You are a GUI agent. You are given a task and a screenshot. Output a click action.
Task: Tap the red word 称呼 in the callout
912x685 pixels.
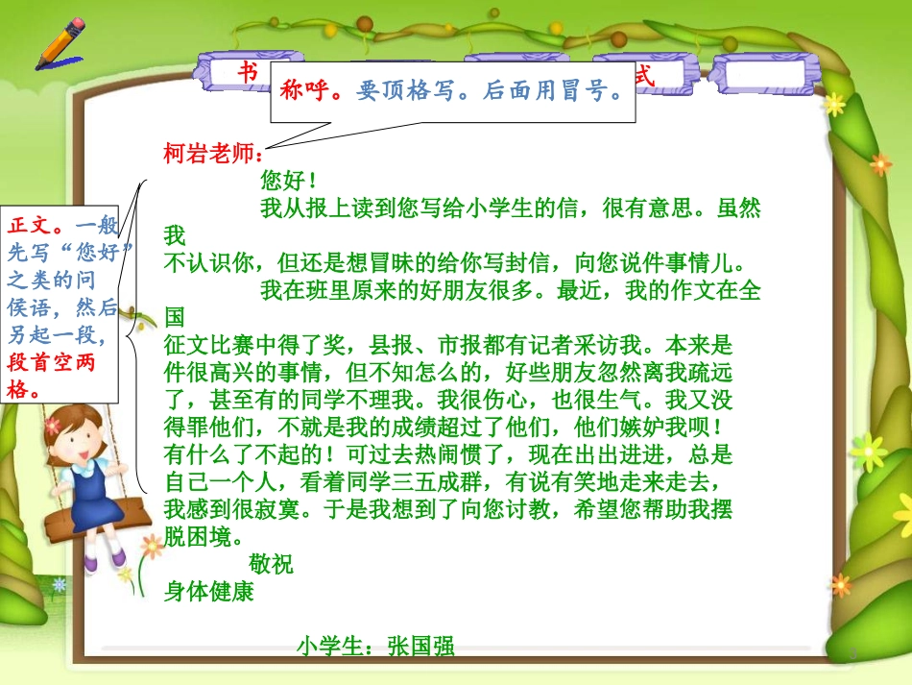click(x=303, y=91)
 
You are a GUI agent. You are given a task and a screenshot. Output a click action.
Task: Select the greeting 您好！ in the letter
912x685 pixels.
click(x=288, y=181)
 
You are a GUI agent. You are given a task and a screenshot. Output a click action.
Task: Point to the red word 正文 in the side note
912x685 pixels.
click(x=29, y=225)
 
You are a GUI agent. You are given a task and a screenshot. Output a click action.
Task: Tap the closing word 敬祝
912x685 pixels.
click(x=271, y=565)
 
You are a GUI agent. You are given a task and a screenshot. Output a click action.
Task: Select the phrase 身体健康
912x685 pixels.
click(x=209, y=592)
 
